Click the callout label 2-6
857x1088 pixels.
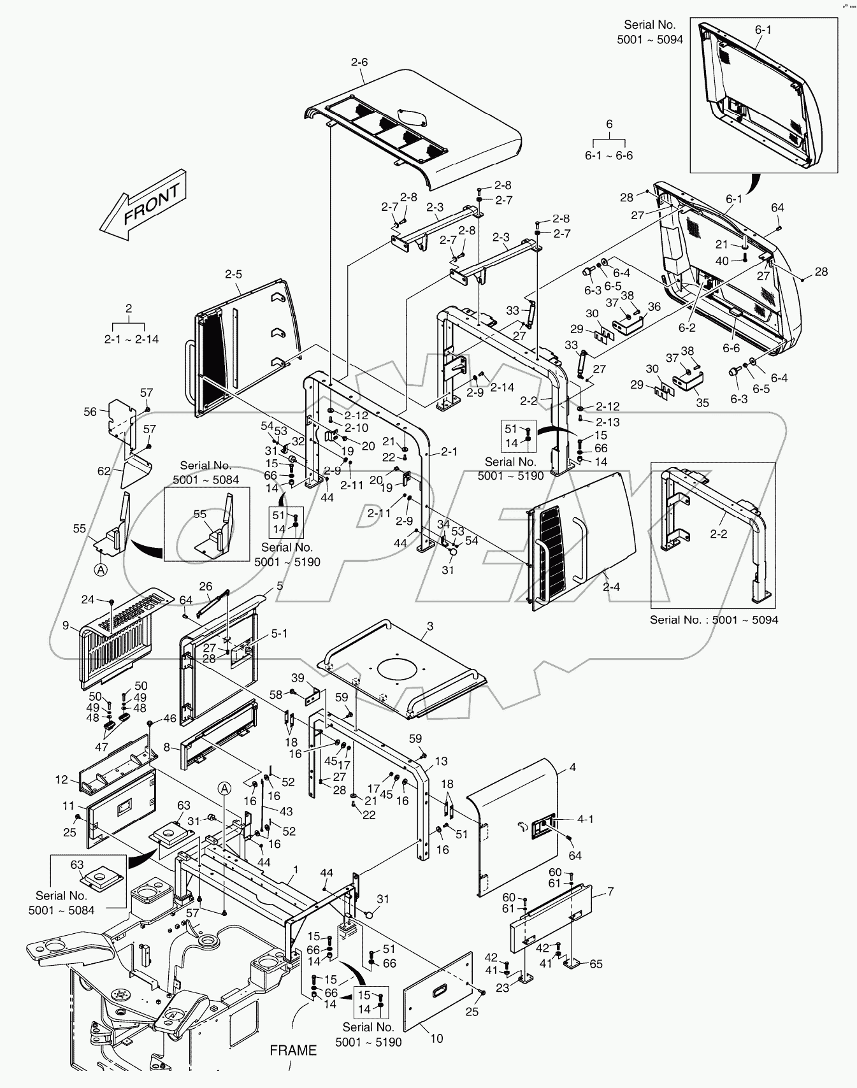pyautogui.click(x=359, y=62)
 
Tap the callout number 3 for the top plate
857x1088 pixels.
pyautogui.click(x=430, y=627)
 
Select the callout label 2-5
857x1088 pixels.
pyautogui.click(x=233, y=275)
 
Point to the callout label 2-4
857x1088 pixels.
pyautogui.click(x=611, y=587)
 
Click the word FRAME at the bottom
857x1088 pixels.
pyautogui.click(x=293, y=1050)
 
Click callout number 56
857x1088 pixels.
pyautogui.click(x=90, y=412)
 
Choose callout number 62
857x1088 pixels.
pyautogui.click(x=104, y=472)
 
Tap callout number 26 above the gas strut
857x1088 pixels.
pyautogui.click(x=206, y=586)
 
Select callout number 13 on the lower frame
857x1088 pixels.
pyautogui.click(x=441, y=761)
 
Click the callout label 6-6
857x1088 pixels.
pyautogui.click(x=731, y=348)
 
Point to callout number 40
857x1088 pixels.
pyautogui.click(x=722, y=261)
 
